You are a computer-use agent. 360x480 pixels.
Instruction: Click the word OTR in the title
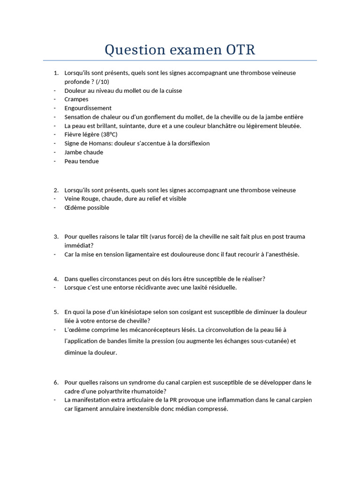click(x=240, y=50)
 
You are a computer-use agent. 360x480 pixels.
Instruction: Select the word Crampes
click(x=76, y=99)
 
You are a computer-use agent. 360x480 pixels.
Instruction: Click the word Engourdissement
click(x=88, y=108)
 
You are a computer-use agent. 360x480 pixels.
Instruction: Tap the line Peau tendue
click(x=82, y=161)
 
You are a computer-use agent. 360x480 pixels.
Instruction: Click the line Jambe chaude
click(x=84, y=152)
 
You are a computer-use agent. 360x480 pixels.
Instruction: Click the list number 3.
click(x=56, y=237)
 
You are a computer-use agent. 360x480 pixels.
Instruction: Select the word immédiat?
click(x=79, y=245)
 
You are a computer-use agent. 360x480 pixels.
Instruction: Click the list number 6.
click(x=56, y=382)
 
